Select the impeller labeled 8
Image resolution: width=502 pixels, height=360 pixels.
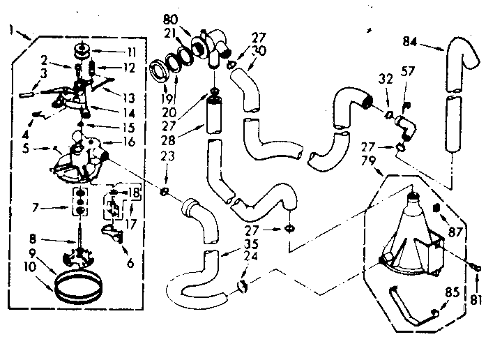[x=82, y=255]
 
